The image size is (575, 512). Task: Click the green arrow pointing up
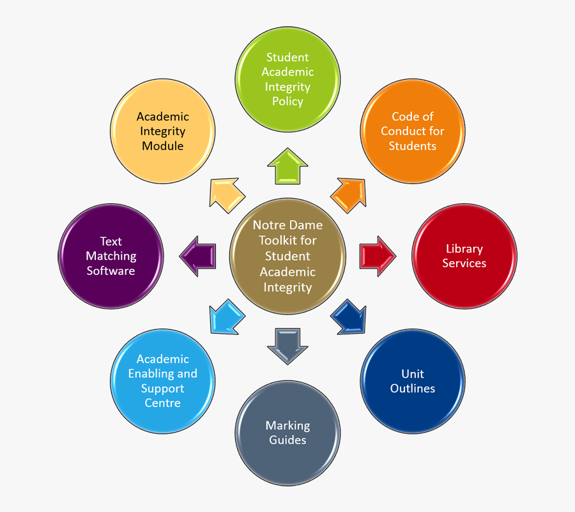(287, 167)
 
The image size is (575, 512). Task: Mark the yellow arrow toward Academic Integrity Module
(226, 195)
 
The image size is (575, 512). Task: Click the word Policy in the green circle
(287, 102)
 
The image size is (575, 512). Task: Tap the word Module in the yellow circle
(162, 146)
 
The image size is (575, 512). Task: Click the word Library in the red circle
(464, 249)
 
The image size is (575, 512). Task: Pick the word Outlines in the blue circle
(413, 389)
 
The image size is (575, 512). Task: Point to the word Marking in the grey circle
(287, 426)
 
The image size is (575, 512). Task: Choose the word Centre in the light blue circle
(162, 403)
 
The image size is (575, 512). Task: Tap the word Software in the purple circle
(111, 271)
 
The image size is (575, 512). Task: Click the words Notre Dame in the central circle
(287, 225)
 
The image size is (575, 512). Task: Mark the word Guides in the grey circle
(287, 440)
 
